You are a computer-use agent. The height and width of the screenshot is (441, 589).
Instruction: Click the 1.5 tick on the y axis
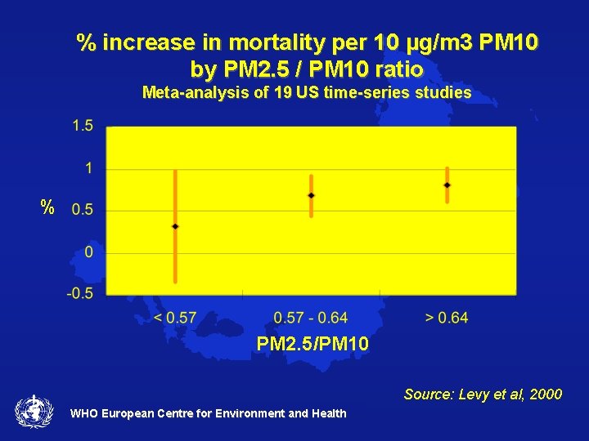pyautogui.click(x=82, y=126)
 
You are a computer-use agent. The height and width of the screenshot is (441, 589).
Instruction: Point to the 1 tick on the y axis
pyautogui.click(x=88, y=168)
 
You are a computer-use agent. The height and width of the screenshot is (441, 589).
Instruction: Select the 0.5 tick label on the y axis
pyautogui.click(x=82, y=210)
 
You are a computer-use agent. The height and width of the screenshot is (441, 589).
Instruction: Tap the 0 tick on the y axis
pyautogui.click(x=88, y=252)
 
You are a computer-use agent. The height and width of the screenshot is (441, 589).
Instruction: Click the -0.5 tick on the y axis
pyautogui.click(x=80, y=293)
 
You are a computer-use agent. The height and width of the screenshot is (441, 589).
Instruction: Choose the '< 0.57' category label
pyautogui.click(x=175, y=317)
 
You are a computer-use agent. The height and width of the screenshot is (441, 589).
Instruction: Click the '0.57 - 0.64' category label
pyautogui.click(x=310, y=317)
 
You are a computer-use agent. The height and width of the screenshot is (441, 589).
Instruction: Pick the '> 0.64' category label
pyautogui.click(x=447, y=317)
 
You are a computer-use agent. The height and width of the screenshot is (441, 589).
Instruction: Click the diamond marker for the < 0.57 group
pyautogui.click(x=175, y=225)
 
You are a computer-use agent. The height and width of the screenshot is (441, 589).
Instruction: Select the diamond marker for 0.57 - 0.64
pyautogui.click(x=311, y=195)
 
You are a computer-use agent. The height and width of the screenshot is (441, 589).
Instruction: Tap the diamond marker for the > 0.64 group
pyautogui.click(x=447, y=185)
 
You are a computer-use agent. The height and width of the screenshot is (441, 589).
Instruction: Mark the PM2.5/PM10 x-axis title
pyautogui.click(x=312, y=345)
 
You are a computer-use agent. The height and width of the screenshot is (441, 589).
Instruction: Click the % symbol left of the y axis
pyautogui.click(x=48, y=207)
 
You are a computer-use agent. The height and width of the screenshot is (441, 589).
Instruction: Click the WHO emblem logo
pyautogui.click(x=34, y=411)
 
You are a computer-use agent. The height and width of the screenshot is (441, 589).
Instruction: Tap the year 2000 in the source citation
pyautogui.click(x=546, y=394)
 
